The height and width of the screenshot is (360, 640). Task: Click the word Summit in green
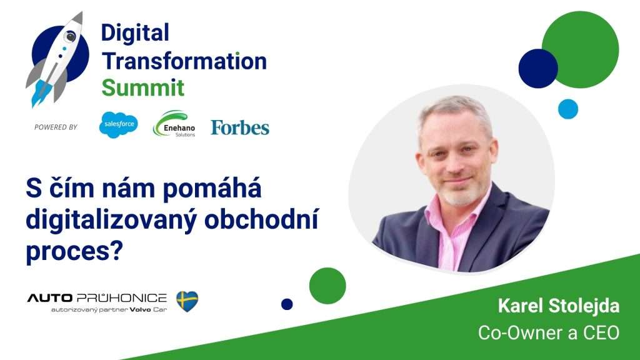143,87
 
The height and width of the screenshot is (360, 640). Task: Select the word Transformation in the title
184,61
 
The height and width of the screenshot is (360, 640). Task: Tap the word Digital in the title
135,33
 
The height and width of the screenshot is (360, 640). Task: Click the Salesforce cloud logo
118,124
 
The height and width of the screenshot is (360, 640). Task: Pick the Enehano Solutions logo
174,124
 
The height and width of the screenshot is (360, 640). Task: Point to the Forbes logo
240,127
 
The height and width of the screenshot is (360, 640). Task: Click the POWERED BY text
56,127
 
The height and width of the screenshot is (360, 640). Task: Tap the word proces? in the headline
74,251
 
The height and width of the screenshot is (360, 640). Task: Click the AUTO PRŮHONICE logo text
97,298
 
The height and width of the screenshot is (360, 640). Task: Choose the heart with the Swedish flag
187,301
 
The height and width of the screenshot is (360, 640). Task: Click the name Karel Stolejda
559,306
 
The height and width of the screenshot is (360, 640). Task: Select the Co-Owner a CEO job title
549,333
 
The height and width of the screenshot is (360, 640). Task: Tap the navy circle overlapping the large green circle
538,69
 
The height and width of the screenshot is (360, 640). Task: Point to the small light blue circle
568,109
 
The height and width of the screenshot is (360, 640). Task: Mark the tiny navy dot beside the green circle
287,304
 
